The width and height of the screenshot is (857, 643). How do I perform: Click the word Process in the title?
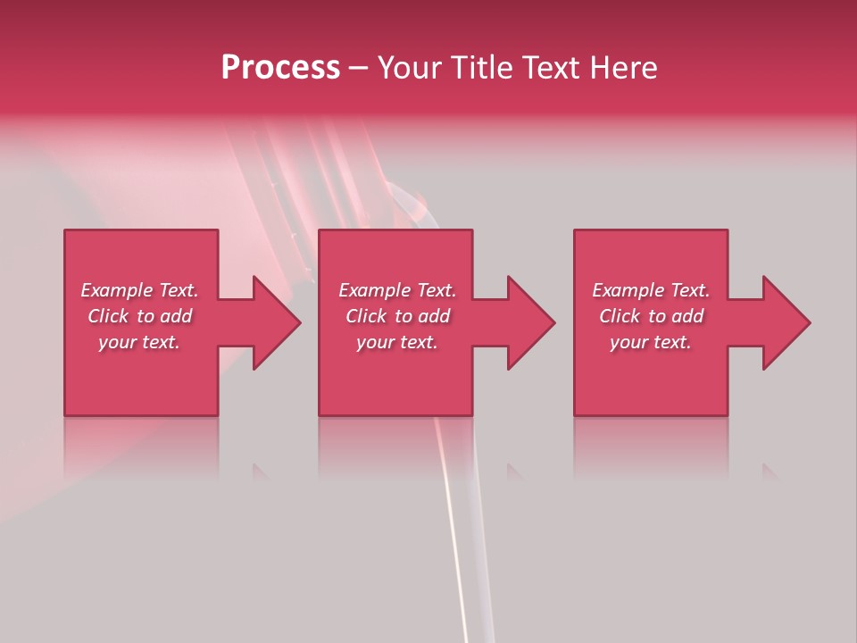(x=280, y=68)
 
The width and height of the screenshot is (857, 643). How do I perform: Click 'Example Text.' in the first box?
(x=139, y=290)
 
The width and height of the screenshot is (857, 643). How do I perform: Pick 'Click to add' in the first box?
(x=139, y=316)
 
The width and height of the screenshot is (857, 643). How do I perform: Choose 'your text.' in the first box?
(x=139, y=342)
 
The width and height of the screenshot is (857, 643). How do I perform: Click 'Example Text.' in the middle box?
(x=397, y=290)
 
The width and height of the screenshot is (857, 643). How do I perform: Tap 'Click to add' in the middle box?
(x=397, y=316)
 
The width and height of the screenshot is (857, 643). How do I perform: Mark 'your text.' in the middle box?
(x=397, y=342)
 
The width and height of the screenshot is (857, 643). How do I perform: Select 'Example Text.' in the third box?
(x=651, y=290)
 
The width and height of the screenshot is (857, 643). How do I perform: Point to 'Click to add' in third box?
(x=651, y=316)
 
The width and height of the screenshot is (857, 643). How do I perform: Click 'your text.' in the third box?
(x=651, y=342)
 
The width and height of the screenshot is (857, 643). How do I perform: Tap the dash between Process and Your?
(x=358, y=69)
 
